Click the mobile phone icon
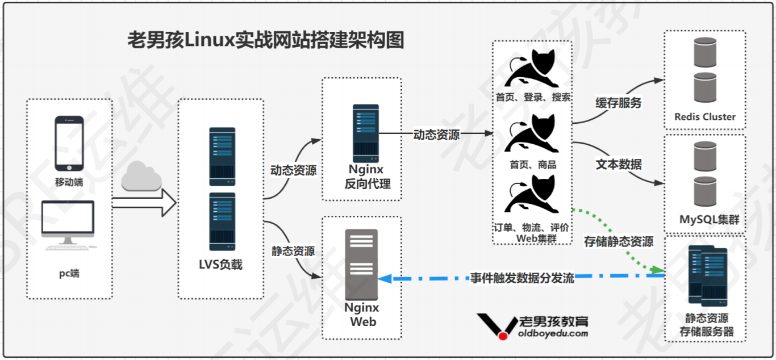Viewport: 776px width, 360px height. (x=69, y=143)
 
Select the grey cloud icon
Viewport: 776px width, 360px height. (x=141, y=177)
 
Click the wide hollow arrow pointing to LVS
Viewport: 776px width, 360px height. (x=144, y=203)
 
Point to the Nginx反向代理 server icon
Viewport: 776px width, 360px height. (x=365, y=133)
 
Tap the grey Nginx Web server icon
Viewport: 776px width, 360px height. (x=361, y=265)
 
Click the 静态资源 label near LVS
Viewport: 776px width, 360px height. (x=293, y=250)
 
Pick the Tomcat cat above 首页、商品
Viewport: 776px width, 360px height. (x=532, y=133)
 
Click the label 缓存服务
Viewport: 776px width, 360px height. (x=618, y=103)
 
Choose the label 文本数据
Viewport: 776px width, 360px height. (x=618, y=165)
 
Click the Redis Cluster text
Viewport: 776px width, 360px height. (x=704, y=117)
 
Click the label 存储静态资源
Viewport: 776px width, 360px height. (x=619, y=241)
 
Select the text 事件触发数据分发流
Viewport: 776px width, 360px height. (x=521, y=278)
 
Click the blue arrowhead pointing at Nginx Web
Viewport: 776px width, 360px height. (x=384, y=278)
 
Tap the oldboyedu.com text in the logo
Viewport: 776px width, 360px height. (x=553, y=333)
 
